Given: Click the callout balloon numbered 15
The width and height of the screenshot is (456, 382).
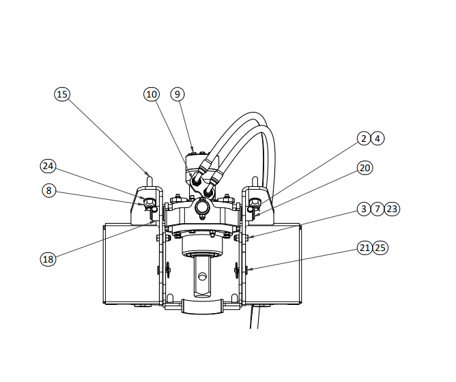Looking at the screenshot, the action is [62, 94].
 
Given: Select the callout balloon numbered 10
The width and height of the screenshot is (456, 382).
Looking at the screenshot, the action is [152, 94].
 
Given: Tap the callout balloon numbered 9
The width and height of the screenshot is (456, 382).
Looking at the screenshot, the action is [177, 94].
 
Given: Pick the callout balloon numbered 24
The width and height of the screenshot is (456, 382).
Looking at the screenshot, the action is [48, 166].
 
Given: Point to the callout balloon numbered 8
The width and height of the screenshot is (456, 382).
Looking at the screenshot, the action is [49, 190].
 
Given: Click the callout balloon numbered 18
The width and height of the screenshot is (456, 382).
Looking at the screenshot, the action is [48, 259].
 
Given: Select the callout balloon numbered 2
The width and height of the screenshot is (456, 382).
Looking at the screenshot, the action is [364, 138].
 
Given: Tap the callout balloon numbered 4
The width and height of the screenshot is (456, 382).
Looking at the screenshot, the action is [377, 138].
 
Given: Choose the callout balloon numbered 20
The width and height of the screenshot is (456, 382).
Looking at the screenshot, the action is [365, 168].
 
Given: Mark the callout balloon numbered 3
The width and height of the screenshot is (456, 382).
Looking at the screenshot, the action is [364, 209].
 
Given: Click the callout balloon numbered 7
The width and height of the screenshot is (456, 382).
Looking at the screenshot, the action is [377, 209].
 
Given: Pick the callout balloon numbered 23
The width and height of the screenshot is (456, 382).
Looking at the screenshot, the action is [392, 209].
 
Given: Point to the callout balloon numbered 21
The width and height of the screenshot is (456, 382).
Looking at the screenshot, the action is [365, 248].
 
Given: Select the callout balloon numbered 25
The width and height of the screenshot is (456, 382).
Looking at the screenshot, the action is [380, 248].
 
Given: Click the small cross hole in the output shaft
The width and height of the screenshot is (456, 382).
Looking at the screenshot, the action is [202, 276].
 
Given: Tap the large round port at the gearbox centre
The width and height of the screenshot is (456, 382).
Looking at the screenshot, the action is [202, 207].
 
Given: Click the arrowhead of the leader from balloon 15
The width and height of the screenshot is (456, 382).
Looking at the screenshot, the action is [148, 175].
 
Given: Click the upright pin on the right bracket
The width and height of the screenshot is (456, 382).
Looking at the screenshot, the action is [255, 181].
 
